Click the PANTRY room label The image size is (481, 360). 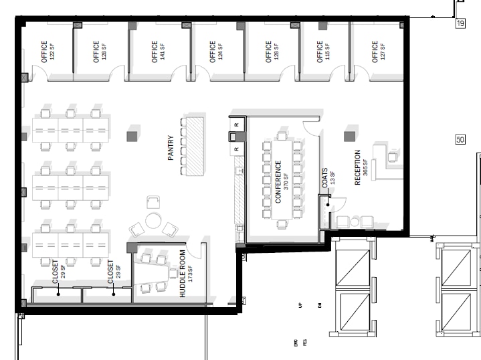(x=171, y=148)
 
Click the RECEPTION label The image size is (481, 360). (x=358, y=167)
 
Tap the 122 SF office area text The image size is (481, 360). (x=53, y=52)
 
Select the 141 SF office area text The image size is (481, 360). (x=163, y=52)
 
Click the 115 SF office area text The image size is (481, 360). (x=328, y=52)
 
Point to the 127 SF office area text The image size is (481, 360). (x=383, y=52)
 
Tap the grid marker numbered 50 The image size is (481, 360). (x=460, y=140)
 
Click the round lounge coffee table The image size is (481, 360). (x=155, y=220)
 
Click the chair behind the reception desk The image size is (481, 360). (x=392, y=157)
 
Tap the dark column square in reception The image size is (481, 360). (x=349, y=137)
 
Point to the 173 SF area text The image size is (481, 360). (x=190, y=274)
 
